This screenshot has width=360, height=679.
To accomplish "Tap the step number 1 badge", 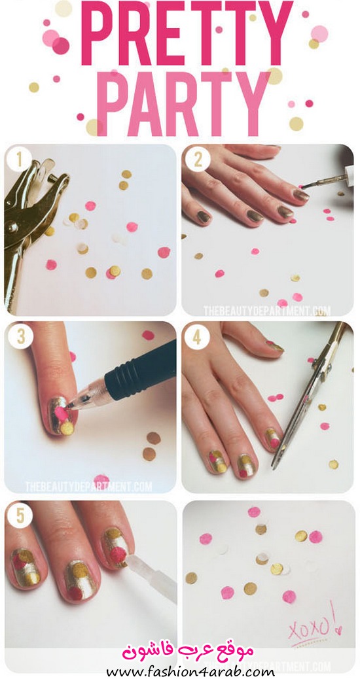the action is pyautogui.click(x=19, y=160).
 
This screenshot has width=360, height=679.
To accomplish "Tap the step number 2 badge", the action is pyautogui.click(x=198, y=160).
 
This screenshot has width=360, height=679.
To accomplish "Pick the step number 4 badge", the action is pyautogui.click(x=197, y=336).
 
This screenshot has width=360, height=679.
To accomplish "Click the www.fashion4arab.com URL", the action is pyautogui.click(x=190, y=672).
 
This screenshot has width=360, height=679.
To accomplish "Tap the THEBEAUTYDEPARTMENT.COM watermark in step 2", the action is pyautogui.click(x=267, y=311).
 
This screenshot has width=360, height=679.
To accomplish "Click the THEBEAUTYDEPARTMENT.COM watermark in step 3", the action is pyautogui.click(x=89, y=486).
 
